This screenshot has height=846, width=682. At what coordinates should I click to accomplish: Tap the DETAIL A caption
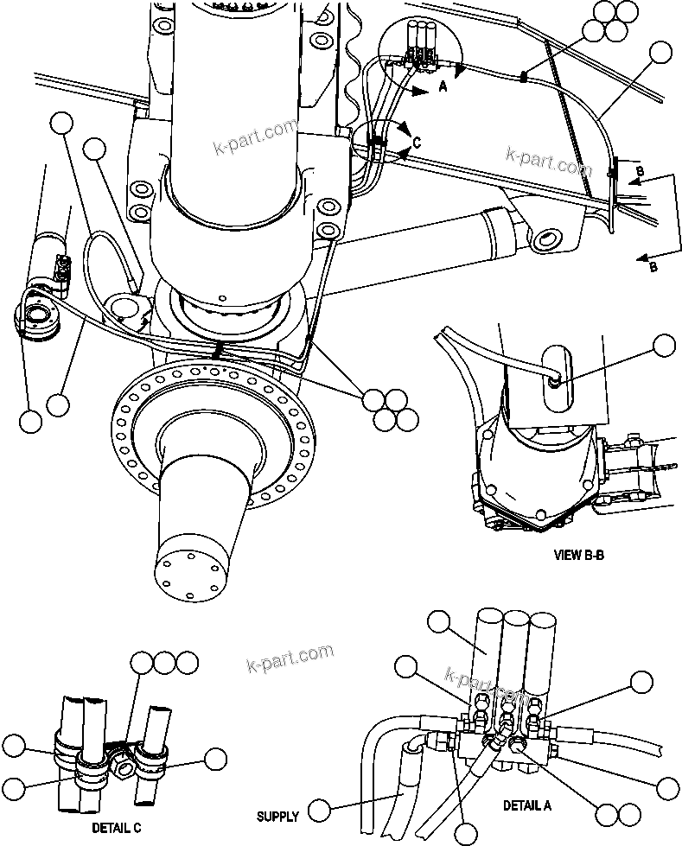[x=527, y=805]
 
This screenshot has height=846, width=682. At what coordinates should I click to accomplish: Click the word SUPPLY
[x=277, y=816]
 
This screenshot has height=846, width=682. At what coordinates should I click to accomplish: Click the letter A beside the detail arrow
[x=443, y=86]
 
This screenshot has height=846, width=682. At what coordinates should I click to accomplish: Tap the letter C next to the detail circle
[x=416, y=142]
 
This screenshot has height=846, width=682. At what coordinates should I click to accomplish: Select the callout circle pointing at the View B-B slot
[x=664, y=347]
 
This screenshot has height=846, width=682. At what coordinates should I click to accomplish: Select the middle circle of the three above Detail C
[x=164, y=664]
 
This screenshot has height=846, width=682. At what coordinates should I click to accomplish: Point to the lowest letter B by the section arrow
[x=653, y=267]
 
